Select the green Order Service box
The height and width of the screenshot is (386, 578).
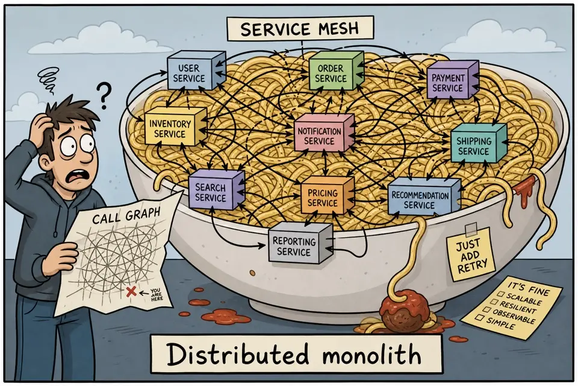tap(336, 71)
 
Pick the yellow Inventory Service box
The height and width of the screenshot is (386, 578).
tap(175, 126)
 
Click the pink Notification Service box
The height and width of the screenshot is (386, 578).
tap(325, 133)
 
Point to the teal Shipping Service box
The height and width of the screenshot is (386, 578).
tap(479, 143)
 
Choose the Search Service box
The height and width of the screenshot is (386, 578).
tap(216, 190)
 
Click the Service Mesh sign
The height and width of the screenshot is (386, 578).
tap(300, 28)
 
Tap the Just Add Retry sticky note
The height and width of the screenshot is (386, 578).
tap(470, 254)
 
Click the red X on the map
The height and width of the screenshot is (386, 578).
tap(131, 292)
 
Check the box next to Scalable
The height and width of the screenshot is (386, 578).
tap(500, 294)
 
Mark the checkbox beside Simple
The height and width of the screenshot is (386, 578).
tap(479, 317)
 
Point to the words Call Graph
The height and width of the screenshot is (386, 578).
tap(126, 215)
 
